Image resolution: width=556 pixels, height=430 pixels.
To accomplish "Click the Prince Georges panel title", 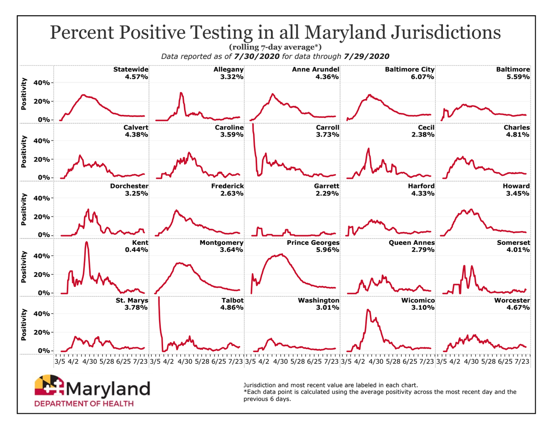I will click(x=314, y=243).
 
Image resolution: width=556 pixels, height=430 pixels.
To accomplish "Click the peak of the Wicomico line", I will click(x=367, y=310).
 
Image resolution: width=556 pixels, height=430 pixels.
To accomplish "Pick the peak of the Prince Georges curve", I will click(x=281, y=254).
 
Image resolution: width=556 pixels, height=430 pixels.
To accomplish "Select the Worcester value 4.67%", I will click(x=518, y=308).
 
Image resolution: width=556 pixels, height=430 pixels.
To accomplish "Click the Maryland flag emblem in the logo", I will click(x=51, y=386).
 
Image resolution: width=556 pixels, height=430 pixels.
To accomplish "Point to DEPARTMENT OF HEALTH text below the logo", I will click(x=84, y=403).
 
